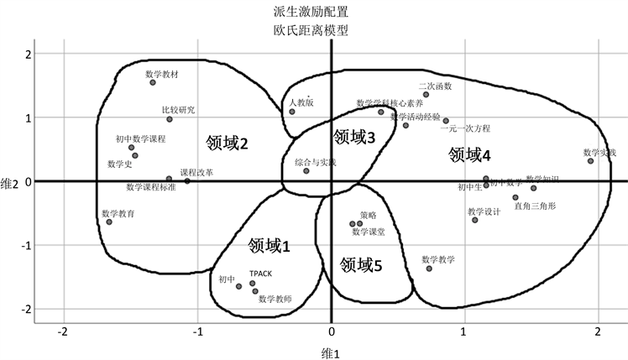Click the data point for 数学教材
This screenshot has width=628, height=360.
click(153, 82)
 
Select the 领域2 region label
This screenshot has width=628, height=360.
click(227, 143)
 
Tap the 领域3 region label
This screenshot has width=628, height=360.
click(353, 135)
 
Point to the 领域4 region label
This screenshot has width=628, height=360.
click(469, 154)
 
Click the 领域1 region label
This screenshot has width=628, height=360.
click(269, 246)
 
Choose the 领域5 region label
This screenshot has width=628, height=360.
click(361, 265)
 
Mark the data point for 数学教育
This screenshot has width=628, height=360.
click(109, 222)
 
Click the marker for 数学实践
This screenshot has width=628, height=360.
click(590, 160)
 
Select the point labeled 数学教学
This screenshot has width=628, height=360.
click(429, 268)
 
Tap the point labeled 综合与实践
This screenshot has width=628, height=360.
click(306, 171)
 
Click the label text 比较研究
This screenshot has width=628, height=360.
click(178, 110)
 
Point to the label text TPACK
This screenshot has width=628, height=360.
click(260, 274)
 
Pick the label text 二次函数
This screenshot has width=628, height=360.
click(435, 86)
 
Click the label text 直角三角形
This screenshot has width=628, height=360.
click(534, 206)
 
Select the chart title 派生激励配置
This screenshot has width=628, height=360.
click(311, 13)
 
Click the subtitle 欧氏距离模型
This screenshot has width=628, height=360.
click(311, 30)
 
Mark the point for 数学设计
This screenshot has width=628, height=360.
click(474, 220)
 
